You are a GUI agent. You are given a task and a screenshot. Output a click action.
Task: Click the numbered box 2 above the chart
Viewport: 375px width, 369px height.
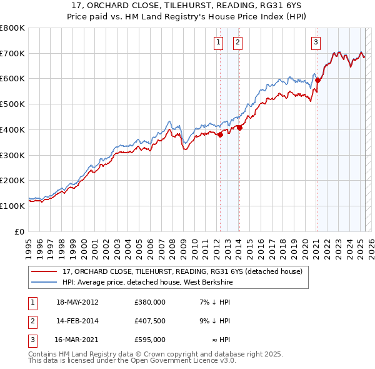coord(238,43)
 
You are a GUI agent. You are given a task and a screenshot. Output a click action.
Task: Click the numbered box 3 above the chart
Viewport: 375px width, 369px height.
coord(316,43)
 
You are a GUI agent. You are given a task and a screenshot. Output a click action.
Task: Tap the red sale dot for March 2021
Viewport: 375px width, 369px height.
coord(317,79)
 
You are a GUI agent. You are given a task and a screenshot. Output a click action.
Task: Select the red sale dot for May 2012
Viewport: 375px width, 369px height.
coord(220,134)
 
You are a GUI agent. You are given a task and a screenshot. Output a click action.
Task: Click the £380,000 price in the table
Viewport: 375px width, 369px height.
coord(150,302)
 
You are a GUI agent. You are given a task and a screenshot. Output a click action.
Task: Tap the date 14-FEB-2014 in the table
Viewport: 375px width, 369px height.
coord(77,321)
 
